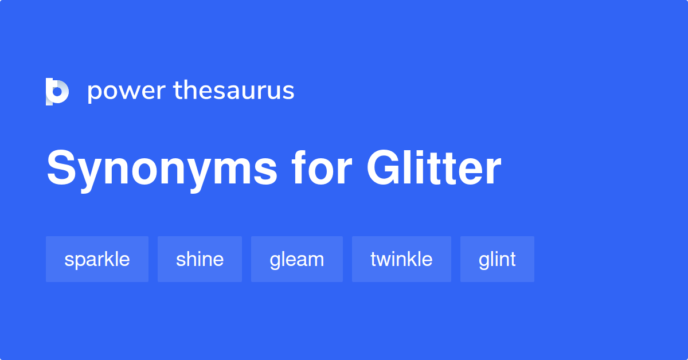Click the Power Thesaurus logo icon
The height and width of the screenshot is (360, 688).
57,91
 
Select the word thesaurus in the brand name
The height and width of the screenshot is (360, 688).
234,91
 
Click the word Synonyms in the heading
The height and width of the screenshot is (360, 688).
162,169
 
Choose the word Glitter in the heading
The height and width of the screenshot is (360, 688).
434,169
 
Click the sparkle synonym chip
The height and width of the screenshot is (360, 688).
97,259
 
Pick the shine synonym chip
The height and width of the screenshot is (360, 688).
200,259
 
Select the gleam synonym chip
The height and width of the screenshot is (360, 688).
296,259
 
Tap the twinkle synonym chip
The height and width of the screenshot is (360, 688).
401,259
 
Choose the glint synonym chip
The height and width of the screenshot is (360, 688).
497,259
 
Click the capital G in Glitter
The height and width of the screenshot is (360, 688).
382,169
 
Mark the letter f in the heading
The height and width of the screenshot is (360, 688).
298,168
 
